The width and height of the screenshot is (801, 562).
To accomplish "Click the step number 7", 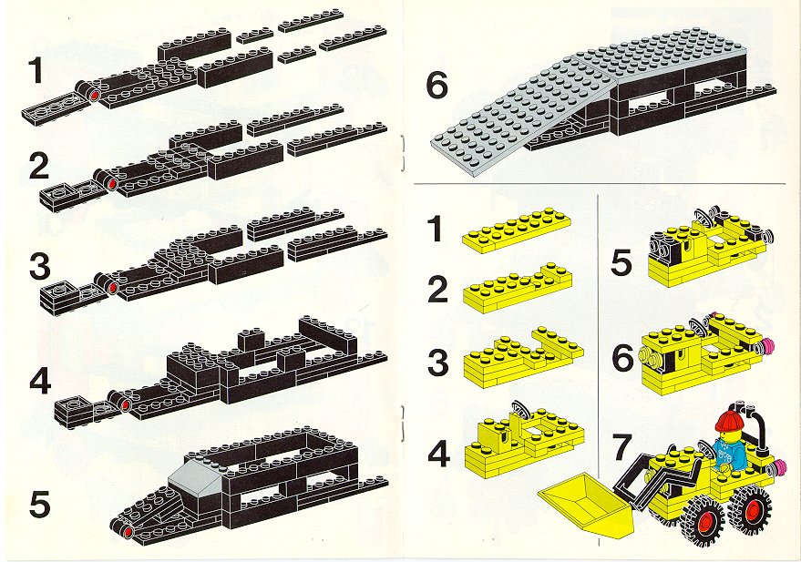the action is [x=621, y=446].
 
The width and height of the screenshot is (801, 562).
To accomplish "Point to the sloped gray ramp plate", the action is [x=522, y=118].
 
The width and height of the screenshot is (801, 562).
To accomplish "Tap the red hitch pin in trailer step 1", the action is [x=94, y=96].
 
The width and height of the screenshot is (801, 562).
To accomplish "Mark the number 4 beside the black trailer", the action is [x=40, y=383].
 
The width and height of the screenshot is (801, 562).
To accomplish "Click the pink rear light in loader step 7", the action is [x=779, y=465].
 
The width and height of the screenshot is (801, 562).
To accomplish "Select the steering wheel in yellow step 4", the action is [x=519, y=411].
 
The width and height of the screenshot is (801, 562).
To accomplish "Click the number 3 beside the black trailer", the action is [x=40, y=267].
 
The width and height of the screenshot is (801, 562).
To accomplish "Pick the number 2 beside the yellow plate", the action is [x=437, y=289].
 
